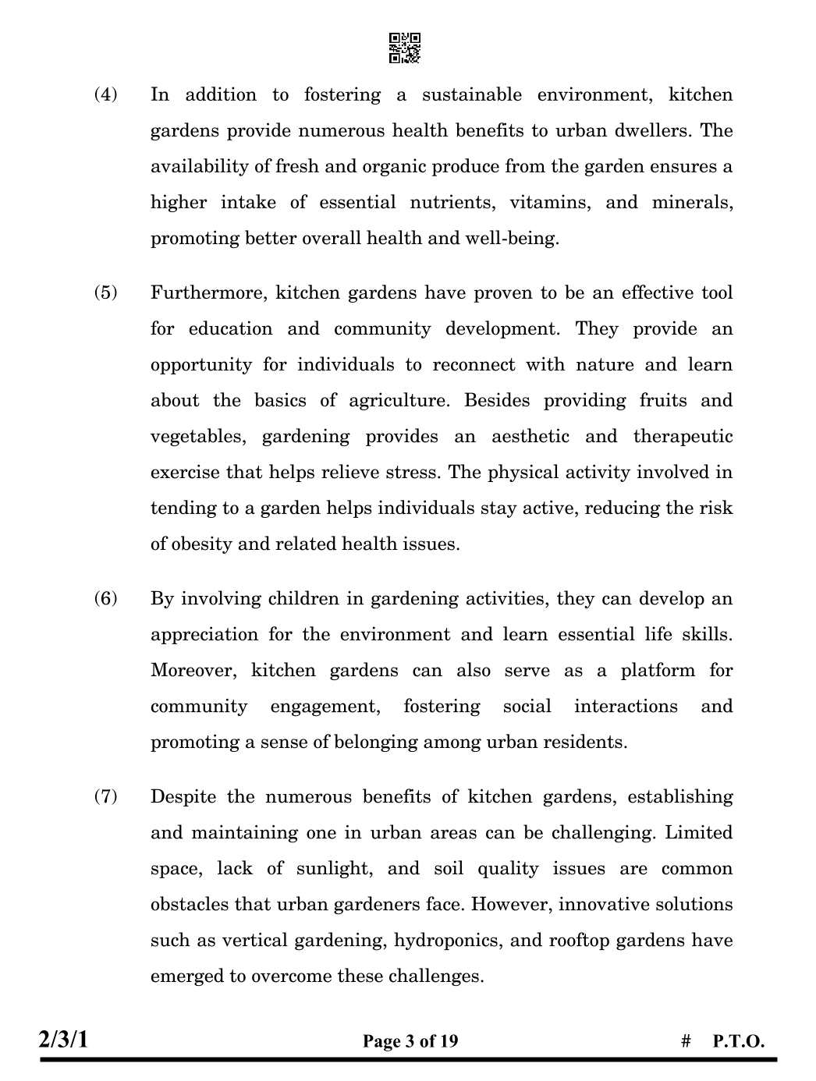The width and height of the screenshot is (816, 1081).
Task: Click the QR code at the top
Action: pyautogui.click(x=405, y=48)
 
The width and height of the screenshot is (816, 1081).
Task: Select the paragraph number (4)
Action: pyautogui.click(x=106, y=95)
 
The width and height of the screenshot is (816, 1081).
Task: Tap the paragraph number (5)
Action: pyautogui.click(x=106, y=293)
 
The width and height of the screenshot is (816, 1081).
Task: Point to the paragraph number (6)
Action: pyautogui.click(x=106, y=599)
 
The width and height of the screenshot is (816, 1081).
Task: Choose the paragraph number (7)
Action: pyautogui.click(x=106, y=797)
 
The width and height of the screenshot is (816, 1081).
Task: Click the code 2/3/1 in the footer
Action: pyautogui.click(x=64, y=1040)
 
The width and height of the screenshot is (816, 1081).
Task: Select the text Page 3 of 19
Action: pyautogui.click(x=410, y=1041)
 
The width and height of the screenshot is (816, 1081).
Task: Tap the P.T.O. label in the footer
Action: pyautogui.click(x=738, y=1041)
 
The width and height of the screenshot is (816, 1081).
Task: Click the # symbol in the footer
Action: pyautogui.click(x=686, y=1041)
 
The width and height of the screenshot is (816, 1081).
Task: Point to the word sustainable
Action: pyautogui.click(x=472, y=95)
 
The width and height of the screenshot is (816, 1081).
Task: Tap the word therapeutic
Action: pyautogui.click(x=683, y=437)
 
